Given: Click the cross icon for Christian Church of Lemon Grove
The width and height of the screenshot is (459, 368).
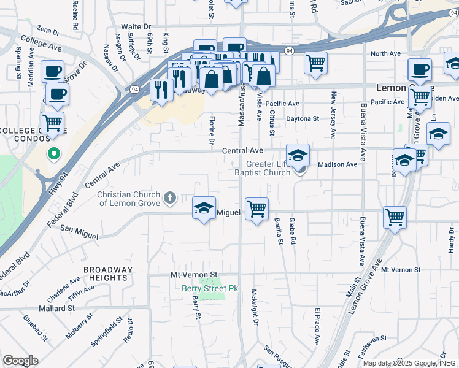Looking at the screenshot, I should [x=169, y=198].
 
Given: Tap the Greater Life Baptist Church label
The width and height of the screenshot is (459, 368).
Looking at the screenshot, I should [x=268, y=168].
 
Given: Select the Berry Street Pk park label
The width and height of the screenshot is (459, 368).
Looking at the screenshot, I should [x=209, y=288].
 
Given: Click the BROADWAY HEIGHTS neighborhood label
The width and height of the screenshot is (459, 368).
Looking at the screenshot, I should [x=107, y=274].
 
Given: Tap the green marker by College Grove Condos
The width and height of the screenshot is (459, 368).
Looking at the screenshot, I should [x=54, y=154].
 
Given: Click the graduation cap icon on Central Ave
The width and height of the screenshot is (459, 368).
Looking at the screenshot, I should [x=298, y=155].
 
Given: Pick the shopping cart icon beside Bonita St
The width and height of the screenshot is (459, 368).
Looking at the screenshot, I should [x=256, y=209].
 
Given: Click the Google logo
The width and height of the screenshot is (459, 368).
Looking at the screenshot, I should [x=20, y=360].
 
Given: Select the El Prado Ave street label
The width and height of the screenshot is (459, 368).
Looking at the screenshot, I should [x=318, y=326].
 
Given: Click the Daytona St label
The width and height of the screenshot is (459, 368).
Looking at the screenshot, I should [x=304, y=118].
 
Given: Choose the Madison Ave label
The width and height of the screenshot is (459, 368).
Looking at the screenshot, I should [x=337, y=164].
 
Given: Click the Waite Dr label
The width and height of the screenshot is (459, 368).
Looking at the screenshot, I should [x=136, y=27].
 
